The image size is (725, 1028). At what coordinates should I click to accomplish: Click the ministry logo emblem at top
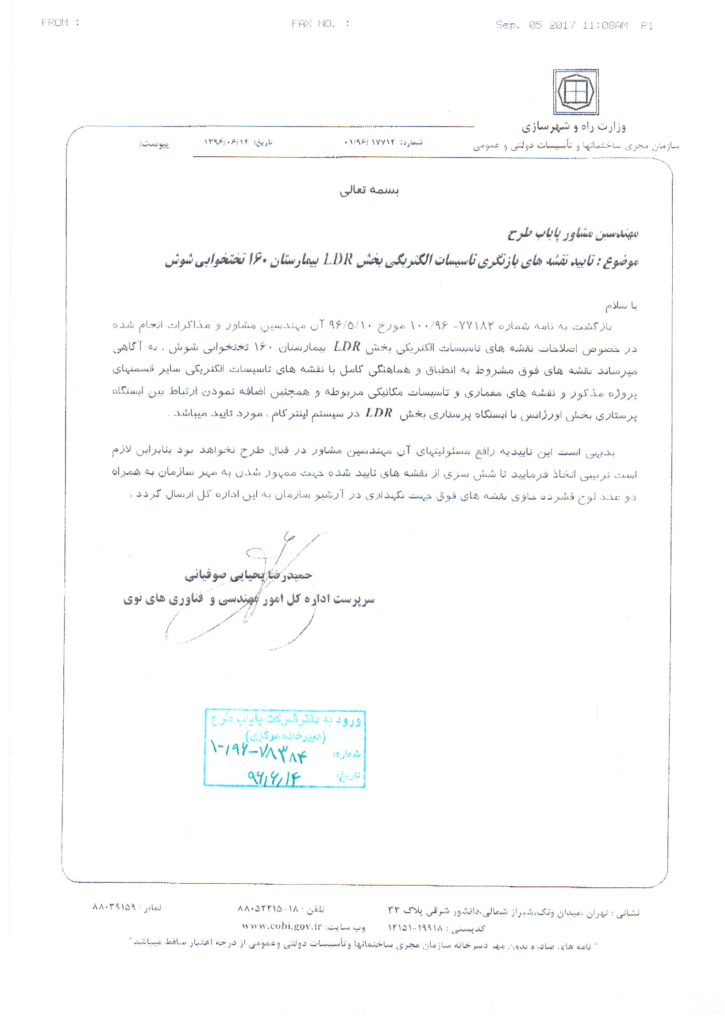pos(575,92)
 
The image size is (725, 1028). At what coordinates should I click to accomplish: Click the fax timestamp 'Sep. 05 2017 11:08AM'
pos(562,25)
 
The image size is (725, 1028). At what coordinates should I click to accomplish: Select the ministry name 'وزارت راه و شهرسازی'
pos(573,127)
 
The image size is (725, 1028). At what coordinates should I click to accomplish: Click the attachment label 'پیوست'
pos(154,144)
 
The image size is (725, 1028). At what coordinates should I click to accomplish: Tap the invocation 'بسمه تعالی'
pos(369,190)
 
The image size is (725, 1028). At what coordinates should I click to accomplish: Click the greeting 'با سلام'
pos(621,306)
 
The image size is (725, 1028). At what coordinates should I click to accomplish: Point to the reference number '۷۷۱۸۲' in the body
pos(475,326)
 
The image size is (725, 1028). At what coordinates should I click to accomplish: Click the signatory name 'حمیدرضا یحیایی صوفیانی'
pos(249,575)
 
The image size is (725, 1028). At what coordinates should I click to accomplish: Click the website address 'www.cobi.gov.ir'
pos(282,925)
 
